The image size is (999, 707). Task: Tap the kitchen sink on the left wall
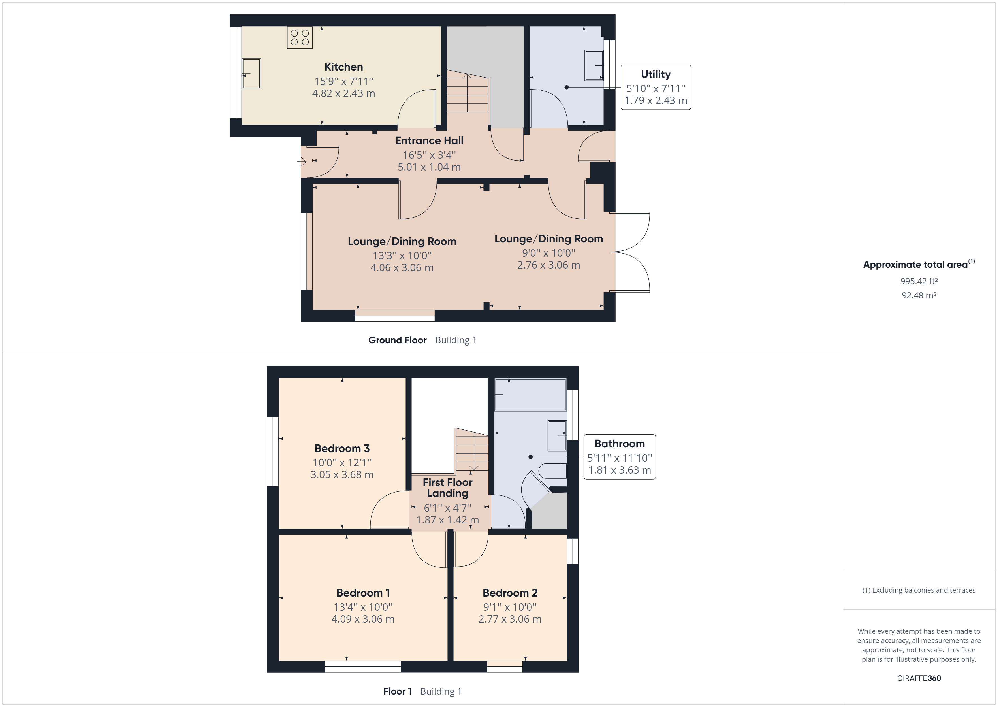click(x=251, y=74)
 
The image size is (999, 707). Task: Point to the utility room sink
click(x=594, y=66)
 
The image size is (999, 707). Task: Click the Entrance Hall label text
click(x=429, y=140)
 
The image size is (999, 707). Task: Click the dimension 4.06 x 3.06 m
click(x=402, y=268)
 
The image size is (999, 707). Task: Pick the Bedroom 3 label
click(x=342, y=448)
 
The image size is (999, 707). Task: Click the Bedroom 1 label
click(x=363, y=593)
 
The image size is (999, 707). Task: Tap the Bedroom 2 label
click(x=510, y=593)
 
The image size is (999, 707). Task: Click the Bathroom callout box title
click(x=619, y=444)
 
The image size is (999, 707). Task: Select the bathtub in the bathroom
click(x=530, y=394)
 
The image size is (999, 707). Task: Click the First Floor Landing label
click(x=447, y=487)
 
